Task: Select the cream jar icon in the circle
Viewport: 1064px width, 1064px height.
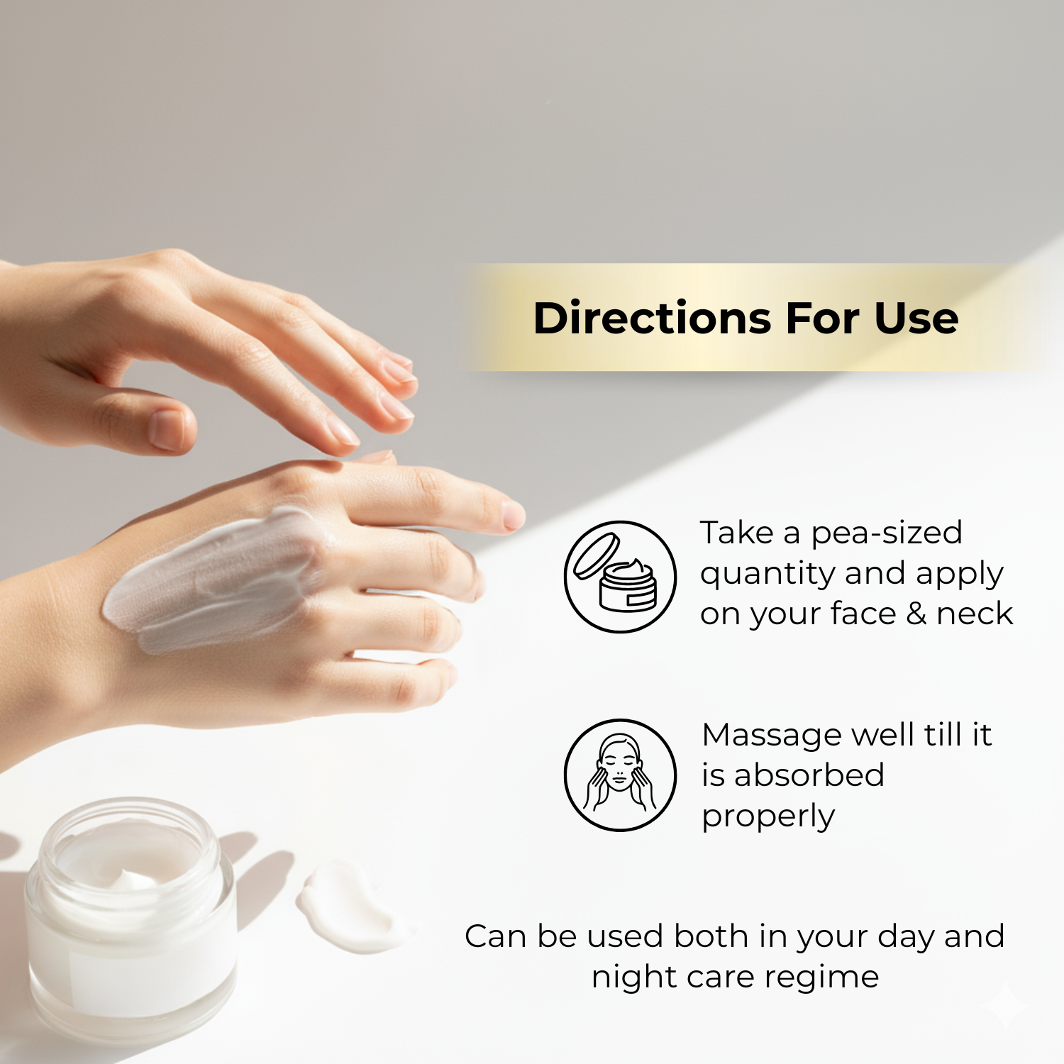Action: pyautogui.click(x=621, y=577)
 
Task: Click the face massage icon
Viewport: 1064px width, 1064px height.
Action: pyautogui.click(x=621, y=775)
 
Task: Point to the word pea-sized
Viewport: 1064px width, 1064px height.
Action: pyautogui.click(x=886, y=533)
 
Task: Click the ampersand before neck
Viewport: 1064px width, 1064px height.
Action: pyautogui.click(x=916, y=614)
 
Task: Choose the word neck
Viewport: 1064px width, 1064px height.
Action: pyautogui.click(x=975, y=614)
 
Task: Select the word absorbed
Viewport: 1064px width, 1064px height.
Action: pyautogui.click(x=809, y=775)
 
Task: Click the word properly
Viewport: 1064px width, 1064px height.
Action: pyautogui.click(x=768, y=817)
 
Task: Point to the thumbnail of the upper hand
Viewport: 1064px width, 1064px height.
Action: pyautogui.click(x=167, y=428)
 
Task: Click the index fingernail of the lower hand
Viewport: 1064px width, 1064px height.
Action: pyautogui.click(x=514, y=514)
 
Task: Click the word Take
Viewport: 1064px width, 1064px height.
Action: pyautogui.click(x=736, y=533)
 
